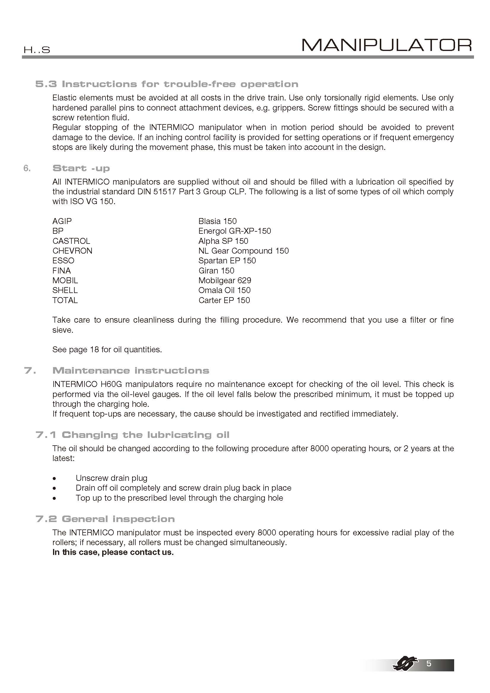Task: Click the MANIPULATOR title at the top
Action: coord(387,45)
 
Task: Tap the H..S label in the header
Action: coord(37,50)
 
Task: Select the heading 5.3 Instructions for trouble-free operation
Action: coord(166,84)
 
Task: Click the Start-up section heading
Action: coord(81,168)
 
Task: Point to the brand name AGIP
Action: coord(62,221)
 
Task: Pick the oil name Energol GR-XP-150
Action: coord(234,231)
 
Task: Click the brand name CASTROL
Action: coord(71,241)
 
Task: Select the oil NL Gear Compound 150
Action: coord(243,251)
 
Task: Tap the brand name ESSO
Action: coord(63,261)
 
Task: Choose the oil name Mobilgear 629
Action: coord(225,281)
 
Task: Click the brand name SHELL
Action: coord(65,290)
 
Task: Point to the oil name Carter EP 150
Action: coord(224,300)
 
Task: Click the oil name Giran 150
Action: coord(216,271)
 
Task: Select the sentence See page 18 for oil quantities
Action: coord(107,350)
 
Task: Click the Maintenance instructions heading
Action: coord(131,370)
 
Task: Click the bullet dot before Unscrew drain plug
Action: coord(54,479)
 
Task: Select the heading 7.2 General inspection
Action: coord(105,519)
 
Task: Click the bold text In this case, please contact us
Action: coord(113,552)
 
